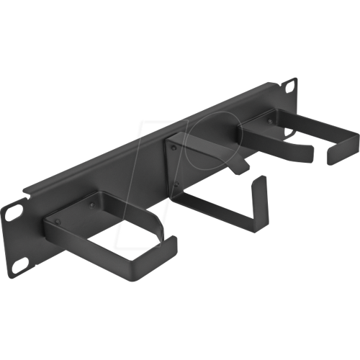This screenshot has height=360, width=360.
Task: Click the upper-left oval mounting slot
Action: pos(14,213)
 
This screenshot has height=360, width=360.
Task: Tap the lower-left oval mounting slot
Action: pos(18,267)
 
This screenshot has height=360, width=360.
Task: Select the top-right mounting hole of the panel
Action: pos(290,86)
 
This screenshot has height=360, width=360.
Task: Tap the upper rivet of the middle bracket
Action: pos(174,149)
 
